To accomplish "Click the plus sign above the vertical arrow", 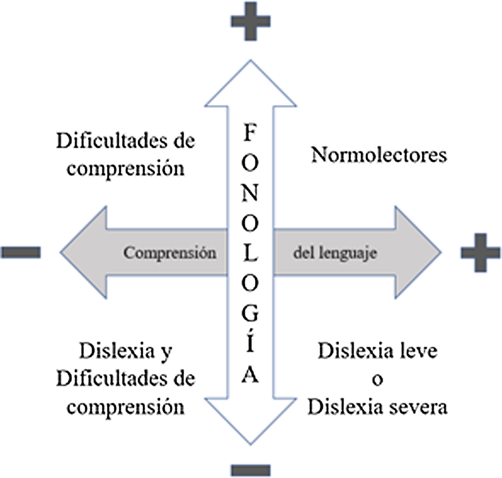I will (x=251, y=21).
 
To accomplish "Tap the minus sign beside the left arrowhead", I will (x=21, y=252).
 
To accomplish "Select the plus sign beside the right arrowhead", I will (x=480, y=253).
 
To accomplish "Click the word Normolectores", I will (x=379, y=155).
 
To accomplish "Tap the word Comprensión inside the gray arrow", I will (x=170, y=253).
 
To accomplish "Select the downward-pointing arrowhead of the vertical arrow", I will (x=251, y=422).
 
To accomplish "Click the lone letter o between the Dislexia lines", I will (x=377, y=380).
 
